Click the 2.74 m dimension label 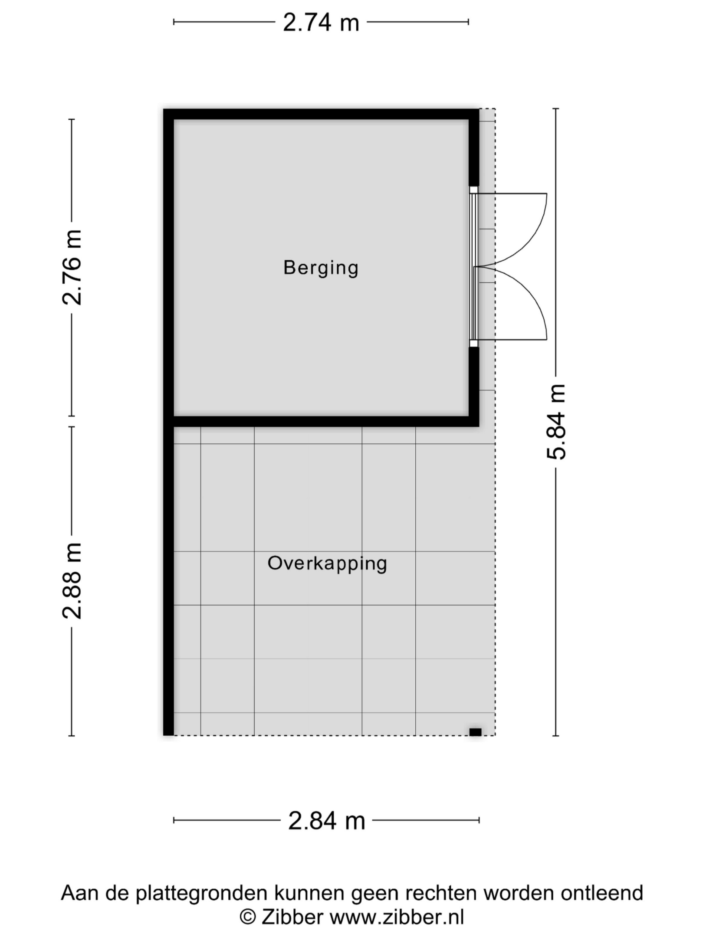click(x=321, y=22)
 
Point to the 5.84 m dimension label click(x=556, y=422)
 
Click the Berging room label click(x=321, y=268)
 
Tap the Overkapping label click(x=327, y=564)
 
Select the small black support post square click(x=475, y=732)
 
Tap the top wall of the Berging click(x=321, y=114)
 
